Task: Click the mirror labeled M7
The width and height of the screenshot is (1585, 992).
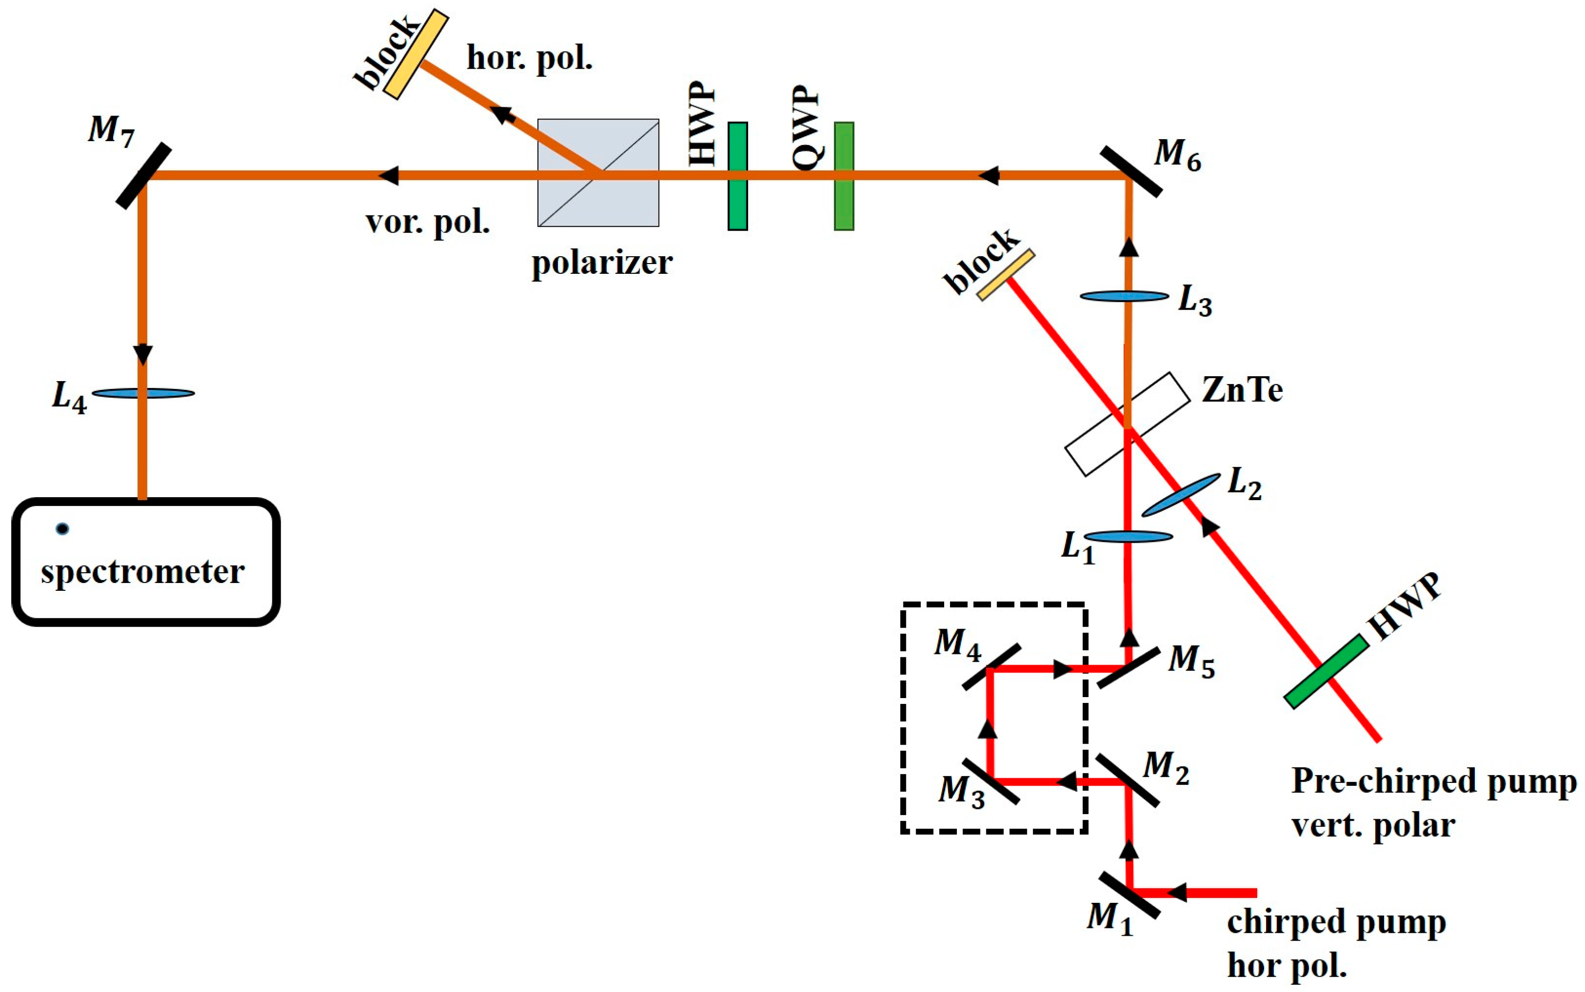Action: pos(144,176)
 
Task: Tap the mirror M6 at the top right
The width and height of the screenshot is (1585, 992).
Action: pos(1130,172)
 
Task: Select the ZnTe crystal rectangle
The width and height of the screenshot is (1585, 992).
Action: pos(1126,424)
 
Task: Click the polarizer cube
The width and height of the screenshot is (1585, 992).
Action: pos(598,172)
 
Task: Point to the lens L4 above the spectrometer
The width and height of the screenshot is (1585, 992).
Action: pos(143,394)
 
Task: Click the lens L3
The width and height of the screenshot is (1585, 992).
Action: pos(1124,296)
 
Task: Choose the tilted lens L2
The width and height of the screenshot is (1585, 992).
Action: pos(1181,495)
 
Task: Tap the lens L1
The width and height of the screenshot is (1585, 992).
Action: pos(1128,537)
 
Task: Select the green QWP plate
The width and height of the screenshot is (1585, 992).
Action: pos(844,176)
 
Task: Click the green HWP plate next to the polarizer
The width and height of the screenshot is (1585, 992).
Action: pos(737,176)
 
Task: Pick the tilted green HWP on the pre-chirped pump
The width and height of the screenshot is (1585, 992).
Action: pos(1326,672)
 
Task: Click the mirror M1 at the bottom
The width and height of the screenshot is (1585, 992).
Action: pos(1129,894)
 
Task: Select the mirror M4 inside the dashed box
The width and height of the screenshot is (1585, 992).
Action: pos(991,667)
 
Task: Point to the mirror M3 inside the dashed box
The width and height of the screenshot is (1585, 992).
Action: pos(991,781)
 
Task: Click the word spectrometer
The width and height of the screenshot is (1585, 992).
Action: pos(143,572)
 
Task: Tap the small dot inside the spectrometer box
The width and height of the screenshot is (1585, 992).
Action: pos(62,529)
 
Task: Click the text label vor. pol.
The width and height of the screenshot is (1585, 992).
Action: pos(428,223)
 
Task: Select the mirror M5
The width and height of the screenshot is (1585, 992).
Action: pos(1128,668)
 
